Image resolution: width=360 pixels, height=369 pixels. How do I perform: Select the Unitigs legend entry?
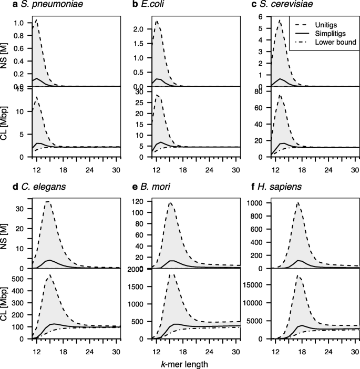pos(335,24)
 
